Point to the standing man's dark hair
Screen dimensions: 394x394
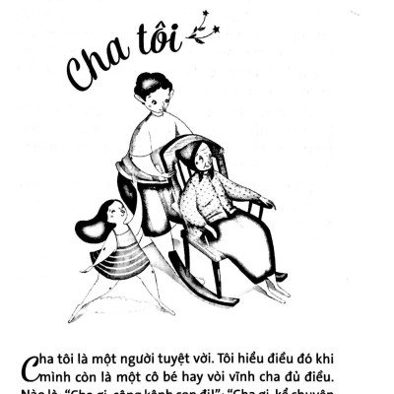pyautogui.click(x=153, y=84)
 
